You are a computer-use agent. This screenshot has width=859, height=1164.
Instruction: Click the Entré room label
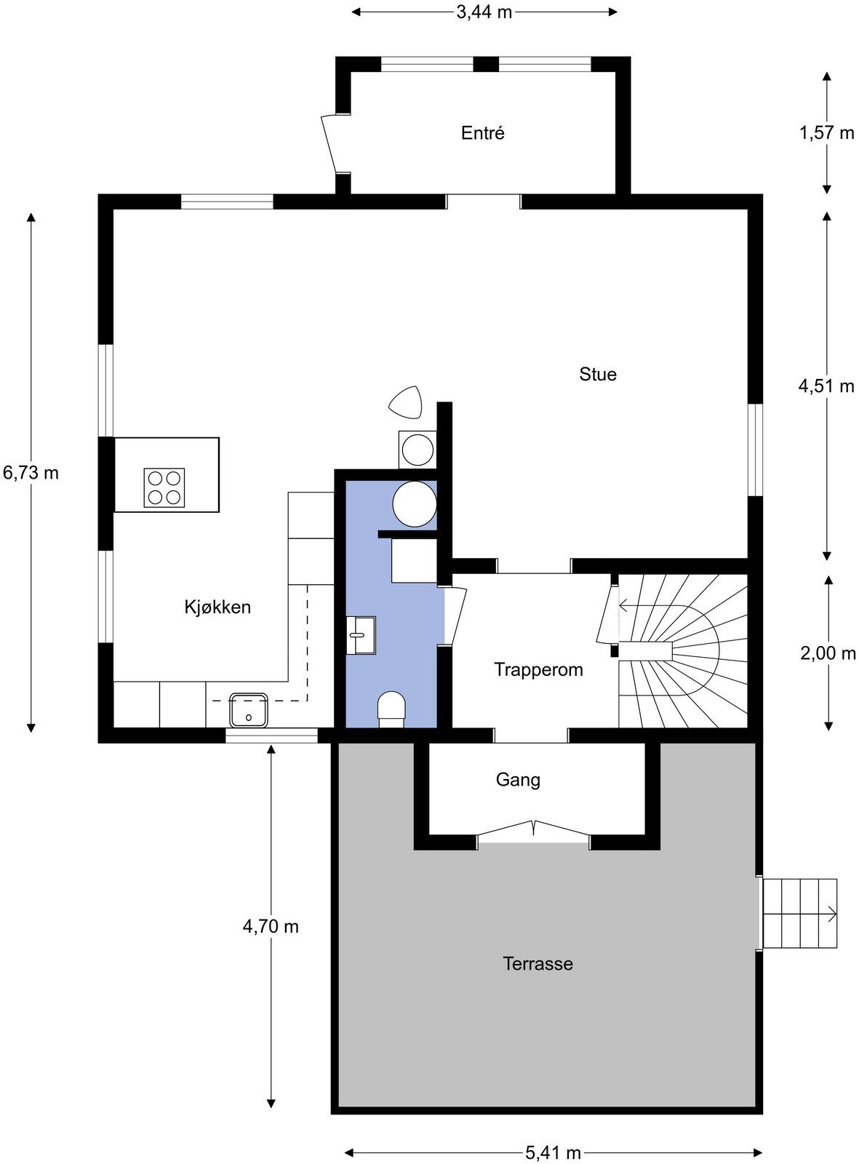[x=482, y=133]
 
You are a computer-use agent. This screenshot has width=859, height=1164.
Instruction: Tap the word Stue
[x=597, y=374]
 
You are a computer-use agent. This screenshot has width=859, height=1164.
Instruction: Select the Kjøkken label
[x=217, y=607]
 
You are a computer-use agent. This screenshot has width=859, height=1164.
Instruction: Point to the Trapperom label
[x=538, y=669]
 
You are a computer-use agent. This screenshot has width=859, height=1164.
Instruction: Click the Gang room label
[x=518, y=780]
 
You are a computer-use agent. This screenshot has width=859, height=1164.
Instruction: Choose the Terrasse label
[x=538, y=964]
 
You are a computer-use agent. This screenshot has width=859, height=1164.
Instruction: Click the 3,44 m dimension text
[x=484, y=12]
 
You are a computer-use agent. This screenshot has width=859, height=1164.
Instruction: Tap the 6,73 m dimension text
[x=31, y=473]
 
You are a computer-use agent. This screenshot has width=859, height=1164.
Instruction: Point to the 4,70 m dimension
[x=271, y=926]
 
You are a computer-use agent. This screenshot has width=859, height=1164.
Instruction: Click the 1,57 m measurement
[x=827, y=133]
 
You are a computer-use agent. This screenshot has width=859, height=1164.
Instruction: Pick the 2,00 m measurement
[x=828, y=653]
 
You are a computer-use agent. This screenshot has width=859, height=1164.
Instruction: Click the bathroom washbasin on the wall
[x=361, y=635]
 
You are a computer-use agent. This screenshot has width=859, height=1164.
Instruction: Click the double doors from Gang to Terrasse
[x=533, y=832]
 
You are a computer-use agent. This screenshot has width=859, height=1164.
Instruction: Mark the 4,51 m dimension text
[x=826, y=386]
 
